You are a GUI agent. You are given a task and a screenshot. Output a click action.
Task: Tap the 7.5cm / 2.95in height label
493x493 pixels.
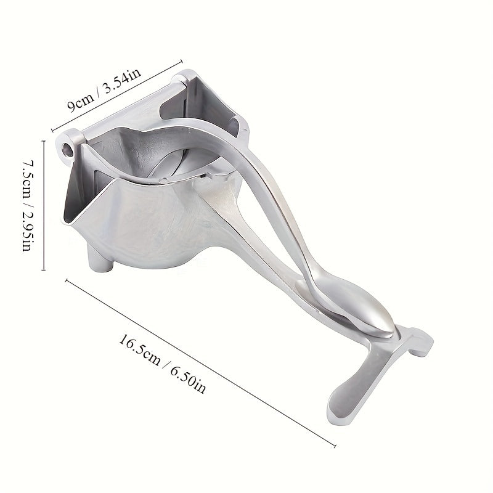click(30, 206)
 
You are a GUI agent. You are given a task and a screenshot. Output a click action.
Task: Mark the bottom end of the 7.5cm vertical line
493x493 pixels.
click(43, 270)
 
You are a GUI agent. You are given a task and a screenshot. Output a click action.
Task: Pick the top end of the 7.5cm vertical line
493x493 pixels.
click(43, 141)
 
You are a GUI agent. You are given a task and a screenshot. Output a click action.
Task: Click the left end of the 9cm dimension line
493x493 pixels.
click(52, 131)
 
